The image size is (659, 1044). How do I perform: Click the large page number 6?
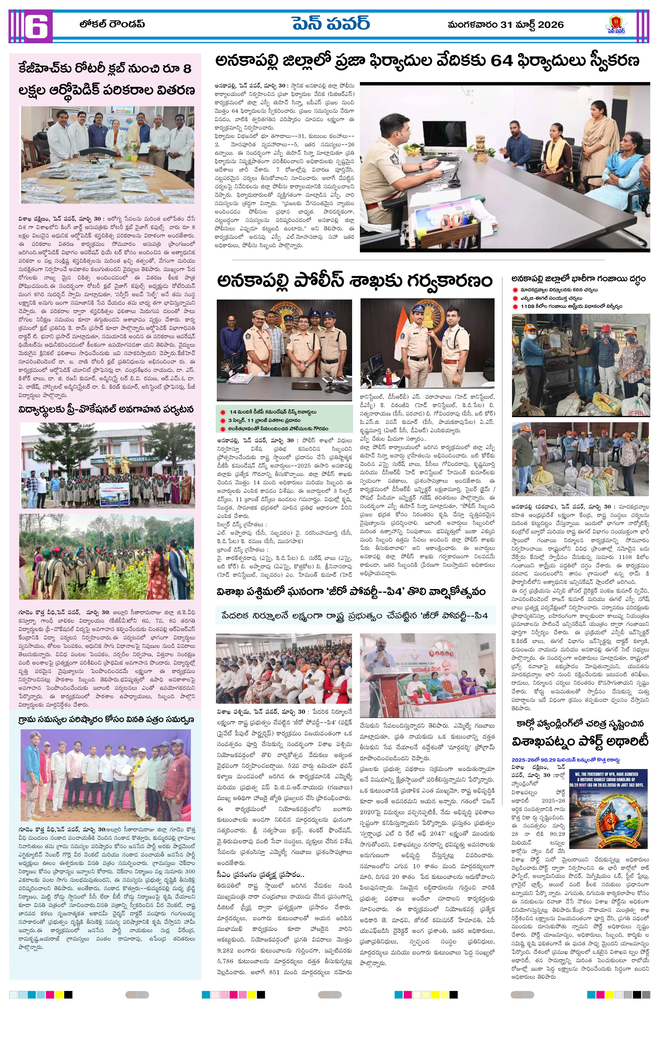click(36, 26)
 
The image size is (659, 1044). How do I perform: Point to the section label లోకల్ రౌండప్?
click(112, 24)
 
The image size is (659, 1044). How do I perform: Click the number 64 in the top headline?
click(502, 61)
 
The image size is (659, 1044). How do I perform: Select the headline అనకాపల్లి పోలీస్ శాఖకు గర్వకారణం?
click(355, 281)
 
